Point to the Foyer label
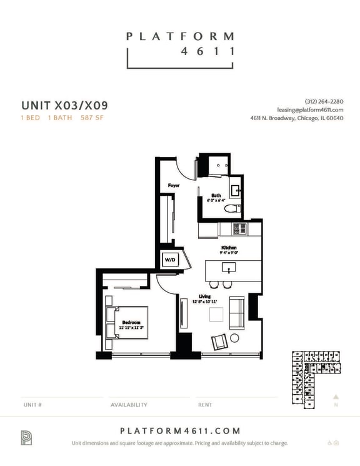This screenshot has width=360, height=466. click(174, 186)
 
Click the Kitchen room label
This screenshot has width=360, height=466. click(229, 248)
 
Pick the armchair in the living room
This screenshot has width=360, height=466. click(220, 342)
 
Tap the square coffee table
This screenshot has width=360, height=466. click(216, 315)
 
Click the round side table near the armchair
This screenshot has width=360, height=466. click(235, 338)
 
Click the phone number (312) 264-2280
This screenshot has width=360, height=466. click(324, 101)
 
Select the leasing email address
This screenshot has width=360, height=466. click(311, 109)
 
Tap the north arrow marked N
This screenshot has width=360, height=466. click(336, 400)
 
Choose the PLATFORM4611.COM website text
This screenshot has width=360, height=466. click(180, 430)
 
